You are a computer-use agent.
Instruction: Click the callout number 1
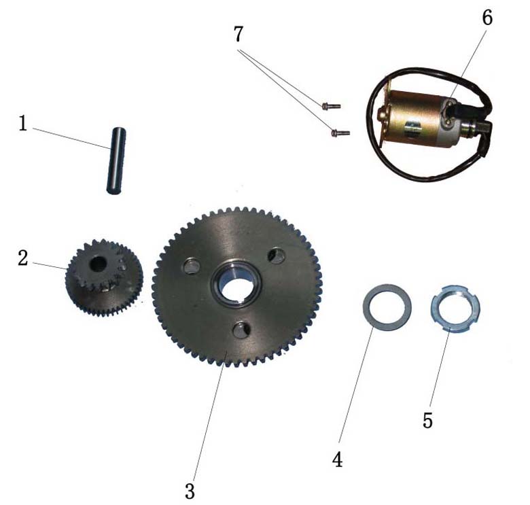(23, 124)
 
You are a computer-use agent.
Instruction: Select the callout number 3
(190, 491)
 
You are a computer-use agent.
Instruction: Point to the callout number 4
(338, 459)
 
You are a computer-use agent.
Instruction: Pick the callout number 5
(427, 421)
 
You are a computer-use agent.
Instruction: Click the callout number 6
(487, 18)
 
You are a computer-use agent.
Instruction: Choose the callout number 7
(238, 34)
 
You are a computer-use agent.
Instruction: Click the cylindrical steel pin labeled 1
(116, 160)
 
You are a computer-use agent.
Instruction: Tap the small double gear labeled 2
(104, 275)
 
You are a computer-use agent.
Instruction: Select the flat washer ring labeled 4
(387, 307)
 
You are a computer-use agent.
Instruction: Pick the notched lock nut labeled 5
(455, 308)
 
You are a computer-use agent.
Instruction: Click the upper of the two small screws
(331, 107)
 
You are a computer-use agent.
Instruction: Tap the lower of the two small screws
(340, 133)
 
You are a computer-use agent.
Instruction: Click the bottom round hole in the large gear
(243, 330)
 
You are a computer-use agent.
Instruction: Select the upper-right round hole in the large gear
(277, 256)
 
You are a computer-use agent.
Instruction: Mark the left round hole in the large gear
(192, 266)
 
